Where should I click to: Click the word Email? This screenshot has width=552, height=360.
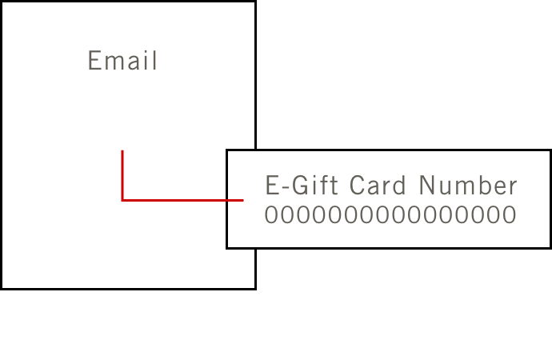pyautogui.click(x=122, y=61)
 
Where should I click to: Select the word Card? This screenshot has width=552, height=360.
pyautogui.click(x=380, y=186)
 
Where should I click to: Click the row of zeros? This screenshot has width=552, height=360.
pyautogui.click(x=390, y=215)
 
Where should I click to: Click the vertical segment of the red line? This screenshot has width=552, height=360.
pyautogui.click(x=122, y=174)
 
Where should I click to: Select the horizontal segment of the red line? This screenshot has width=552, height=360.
pyautogui.click(x=182, y=200)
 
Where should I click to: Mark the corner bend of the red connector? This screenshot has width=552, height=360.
pyautogui.click(x=122, y=200)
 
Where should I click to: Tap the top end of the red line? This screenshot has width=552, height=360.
pyautogui.click(x=122, y=151)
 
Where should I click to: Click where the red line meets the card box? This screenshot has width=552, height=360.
pyautogui.click(x=242, y=200)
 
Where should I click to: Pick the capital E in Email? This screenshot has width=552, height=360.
pyautogui.click(x=94, y=61)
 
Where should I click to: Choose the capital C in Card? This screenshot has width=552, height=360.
pyautogui.click(x=358, y=186)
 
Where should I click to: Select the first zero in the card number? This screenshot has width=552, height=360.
pyautogui.click(x=271, y=215)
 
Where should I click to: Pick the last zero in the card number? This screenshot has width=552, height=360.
pyautogui.click(x=510, y=215)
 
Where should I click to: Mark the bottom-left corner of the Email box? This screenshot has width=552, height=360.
pyautogui.click(x=2, y=287)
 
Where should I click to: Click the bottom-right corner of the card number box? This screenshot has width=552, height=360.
pyautogui.click(x=550, y=247)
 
